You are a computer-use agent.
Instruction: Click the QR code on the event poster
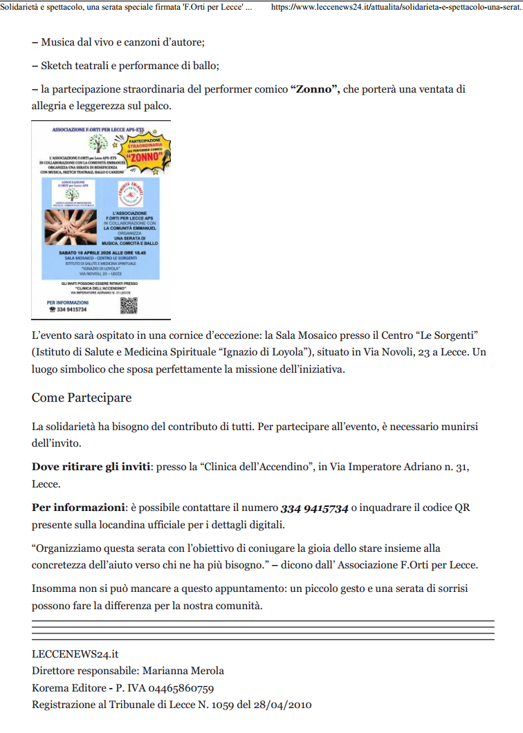pos(129,305)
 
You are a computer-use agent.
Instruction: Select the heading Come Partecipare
pos(82,398)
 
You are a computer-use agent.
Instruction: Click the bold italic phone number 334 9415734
pos(314,508)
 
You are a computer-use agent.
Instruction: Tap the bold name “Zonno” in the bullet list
pos(315,89)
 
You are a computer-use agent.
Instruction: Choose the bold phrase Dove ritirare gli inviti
pos(91,467)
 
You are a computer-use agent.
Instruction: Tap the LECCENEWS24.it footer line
pos(71,653)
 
